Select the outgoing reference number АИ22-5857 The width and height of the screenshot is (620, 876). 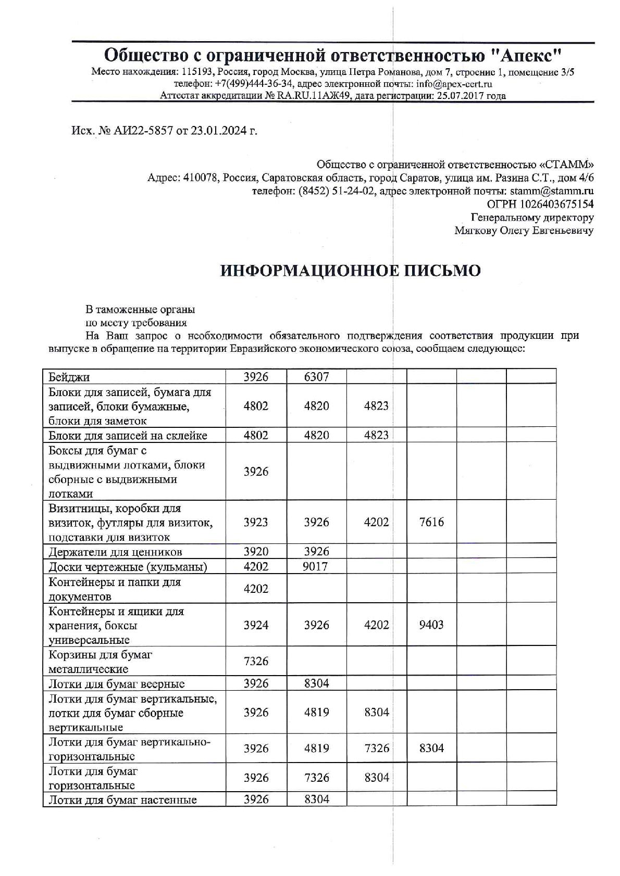139,131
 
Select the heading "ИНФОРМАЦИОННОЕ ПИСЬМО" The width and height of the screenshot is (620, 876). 350,271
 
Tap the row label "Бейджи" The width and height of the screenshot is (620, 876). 69,377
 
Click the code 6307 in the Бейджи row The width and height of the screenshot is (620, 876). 316,377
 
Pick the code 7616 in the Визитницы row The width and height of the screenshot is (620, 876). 431,522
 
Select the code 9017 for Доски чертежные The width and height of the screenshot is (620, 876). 315,566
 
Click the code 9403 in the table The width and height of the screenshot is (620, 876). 431,625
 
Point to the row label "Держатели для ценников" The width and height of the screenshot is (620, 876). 115,552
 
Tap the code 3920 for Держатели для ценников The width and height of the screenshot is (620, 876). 256,552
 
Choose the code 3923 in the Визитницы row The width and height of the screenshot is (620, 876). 256,522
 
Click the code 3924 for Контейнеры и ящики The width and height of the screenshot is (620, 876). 256,625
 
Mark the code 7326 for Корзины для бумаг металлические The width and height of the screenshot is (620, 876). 256,662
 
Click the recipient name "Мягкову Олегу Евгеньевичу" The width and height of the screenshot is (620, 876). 524,231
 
